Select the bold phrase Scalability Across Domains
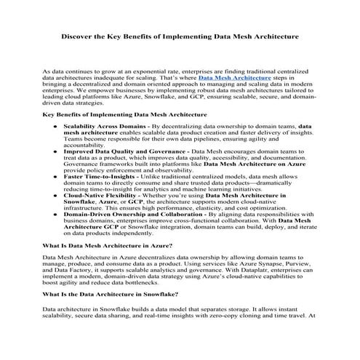(x=102, y=126)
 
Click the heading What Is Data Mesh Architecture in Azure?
(x=108, y=246)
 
